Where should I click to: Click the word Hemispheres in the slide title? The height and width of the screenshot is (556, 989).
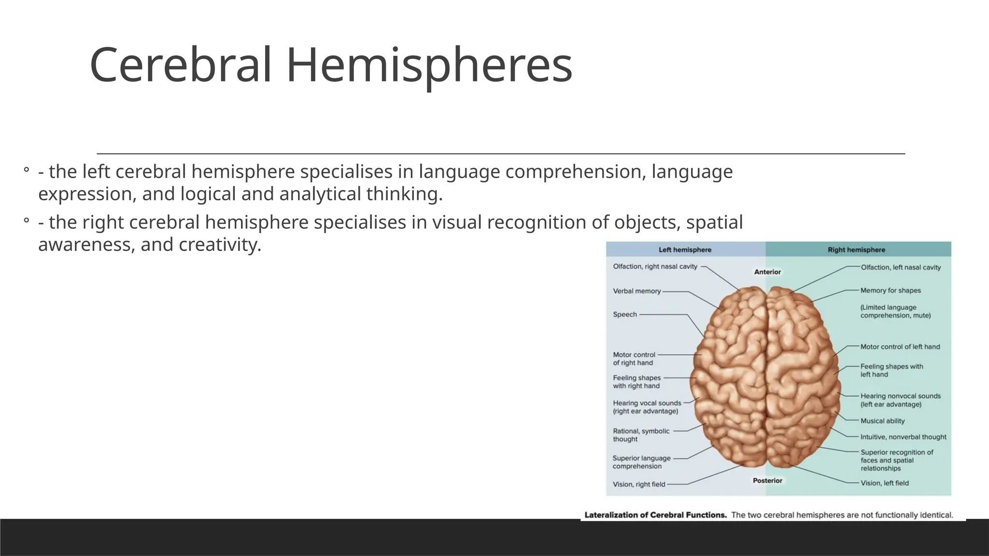point(429,65)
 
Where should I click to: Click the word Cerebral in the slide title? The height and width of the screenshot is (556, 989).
point(181,65)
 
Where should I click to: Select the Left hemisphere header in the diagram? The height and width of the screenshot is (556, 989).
point(685,250)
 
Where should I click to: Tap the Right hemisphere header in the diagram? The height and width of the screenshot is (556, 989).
point(856,250)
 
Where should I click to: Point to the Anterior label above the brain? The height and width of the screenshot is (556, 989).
point(767,272)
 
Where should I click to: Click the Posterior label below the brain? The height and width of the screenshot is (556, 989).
point(767,481)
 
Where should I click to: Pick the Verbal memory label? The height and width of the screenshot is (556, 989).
point(636,291)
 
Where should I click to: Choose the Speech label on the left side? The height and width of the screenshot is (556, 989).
point(625,315)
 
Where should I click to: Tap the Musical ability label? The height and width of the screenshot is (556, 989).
point(882,421)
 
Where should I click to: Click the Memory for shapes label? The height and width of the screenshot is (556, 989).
point(890,291)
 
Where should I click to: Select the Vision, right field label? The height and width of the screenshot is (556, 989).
point(639,484)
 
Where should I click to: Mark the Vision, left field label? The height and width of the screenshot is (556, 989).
point(884,483)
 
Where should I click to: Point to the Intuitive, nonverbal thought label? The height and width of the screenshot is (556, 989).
point(903,437)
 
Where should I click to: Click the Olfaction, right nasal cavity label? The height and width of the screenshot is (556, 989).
point(655,266)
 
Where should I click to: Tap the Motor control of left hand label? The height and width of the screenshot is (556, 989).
point(900,347)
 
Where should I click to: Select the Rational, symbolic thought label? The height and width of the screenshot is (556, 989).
point(641,435)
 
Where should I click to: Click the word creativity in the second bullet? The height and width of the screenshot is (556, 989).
point(219,245)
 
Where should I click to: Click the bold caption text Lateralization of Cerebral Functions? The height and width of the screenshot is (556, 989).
point(655,515)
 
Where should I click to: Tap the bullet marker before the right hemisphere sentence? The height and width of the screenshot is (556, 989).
point(26,222)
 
